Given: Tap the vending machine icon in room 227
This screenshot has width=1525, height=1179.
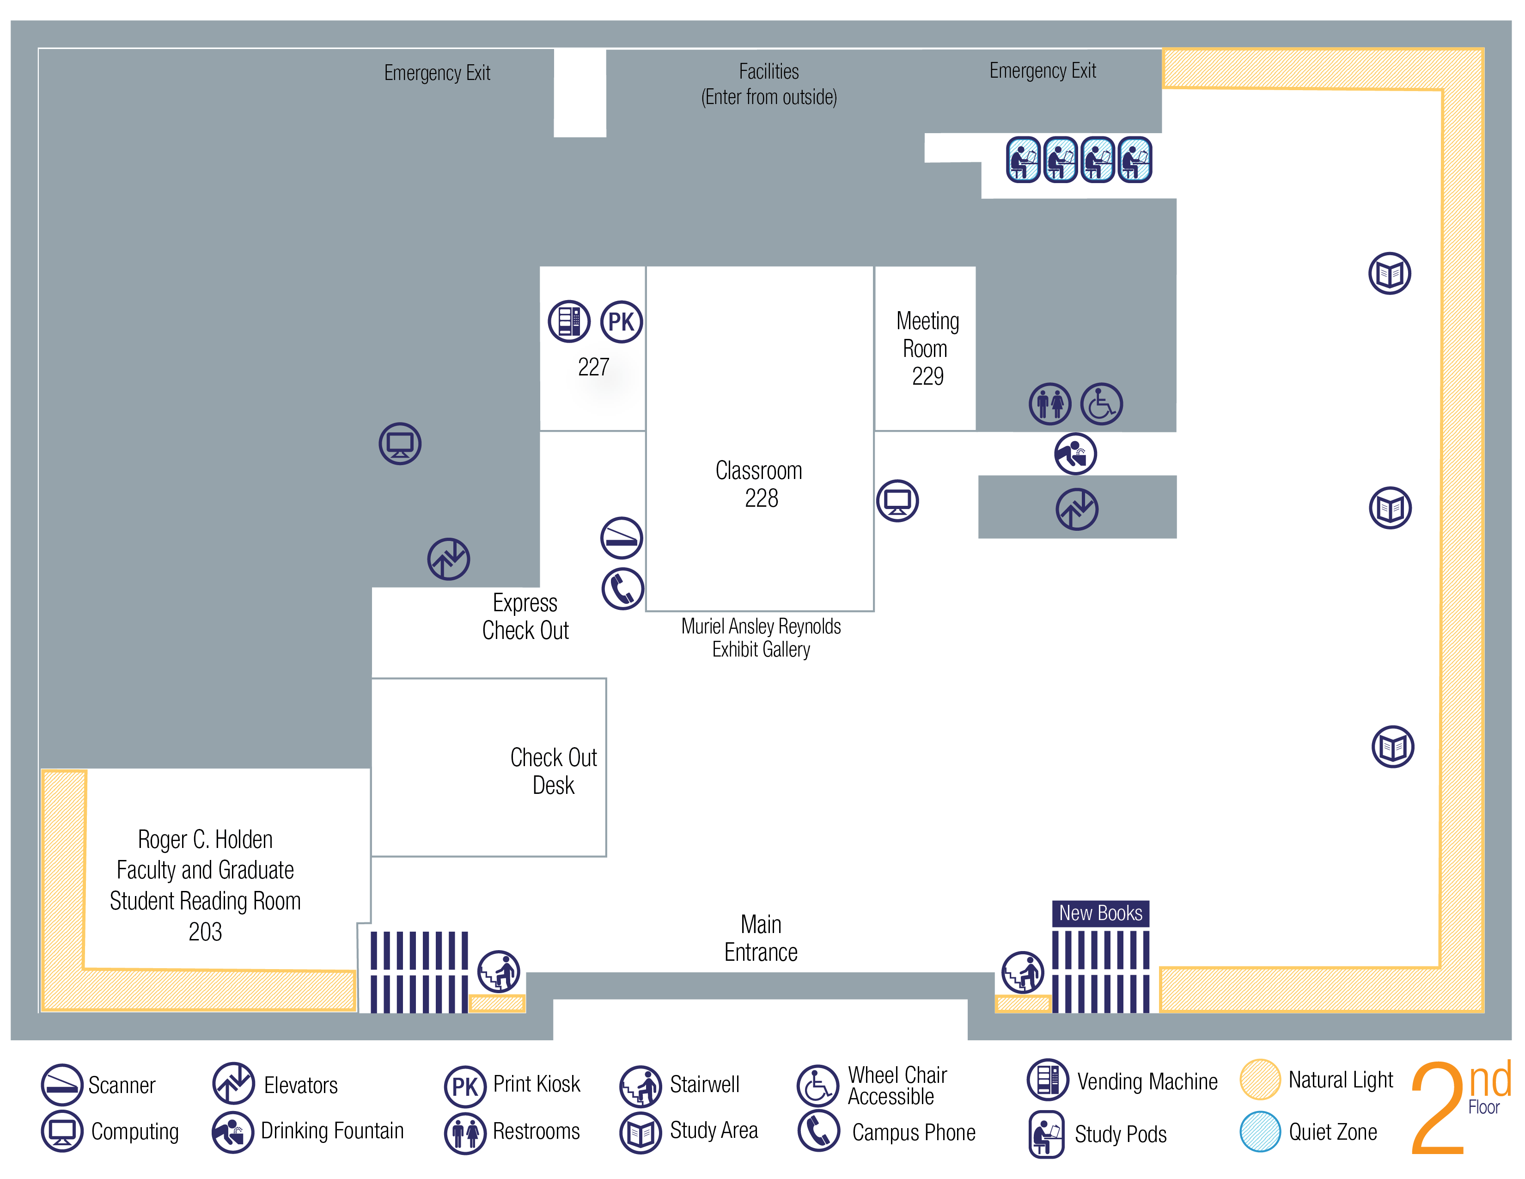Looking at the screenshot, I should click(x=569, y=321).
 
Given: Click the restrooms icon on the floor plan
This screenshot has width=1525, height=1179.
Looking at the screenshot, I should click(x=1049, y=404).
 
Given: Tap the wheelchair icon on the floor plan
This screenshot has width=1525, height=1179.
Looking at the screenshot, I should click(x=1101, y=404).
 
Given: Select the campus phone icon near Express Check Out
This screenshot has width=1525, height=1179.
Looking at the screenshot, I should click(x=622, y=588).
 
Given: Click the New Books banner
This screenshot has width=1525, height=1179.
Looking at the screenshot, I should click(x=1100, y=913).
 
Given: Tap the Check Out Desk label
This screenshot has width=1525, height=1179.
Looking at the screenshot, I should click(x=553, y=771).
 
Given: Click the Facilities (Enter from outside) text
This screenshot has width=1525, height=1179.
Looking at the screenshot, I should click(x=769, y=84).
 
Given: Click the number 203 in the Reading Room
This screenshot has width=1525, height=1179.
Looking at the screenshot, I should click(x=205, y=932).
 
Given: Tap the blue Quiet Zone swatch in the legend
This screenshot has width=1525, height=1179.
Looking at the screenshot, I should click(x=1260, y=1131).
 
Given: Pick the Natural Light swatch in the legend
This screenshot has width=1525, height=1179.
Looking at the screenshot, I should click(x=1260, y=1079).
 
